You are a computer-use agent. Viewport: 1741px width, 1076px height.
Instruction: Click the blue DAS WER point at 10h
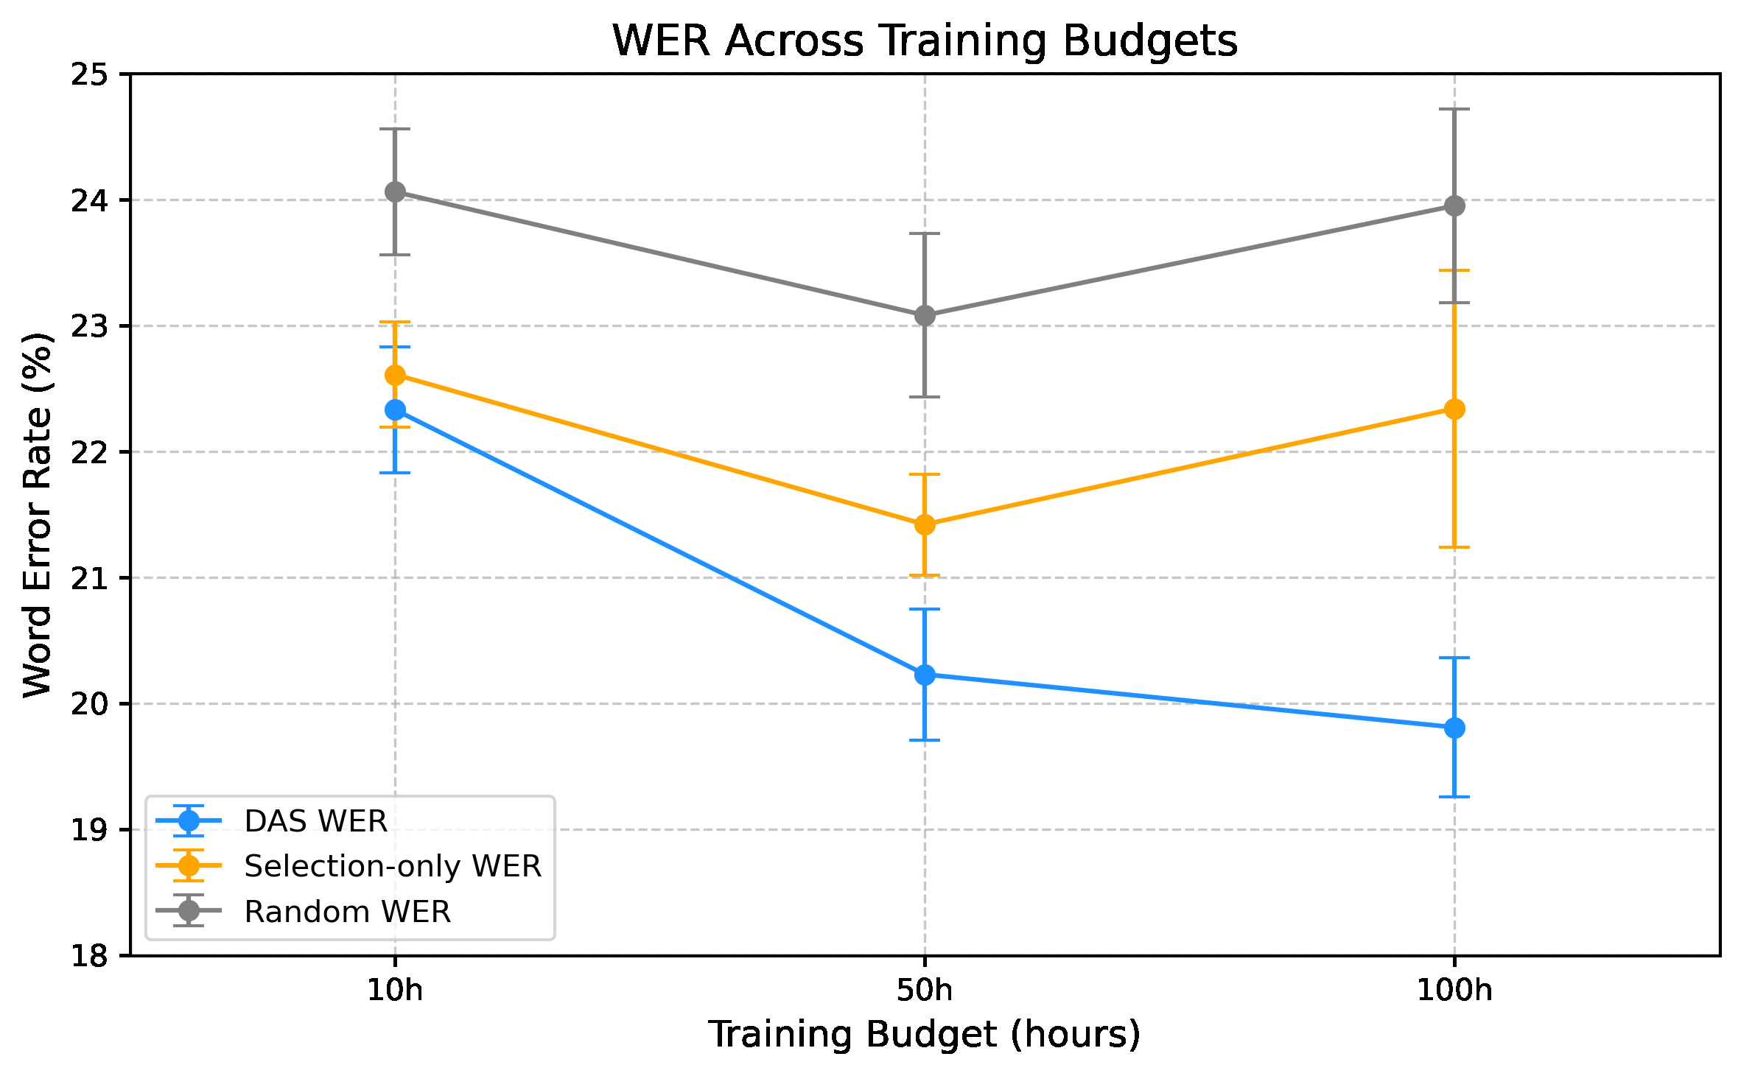coord(396,409)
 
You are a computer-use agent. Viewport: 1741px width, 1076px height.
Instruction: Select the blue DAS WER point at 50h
coord(925,675)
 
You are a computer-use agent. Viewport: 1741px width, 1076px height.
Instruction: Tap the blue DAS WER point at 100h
coord(1454,728)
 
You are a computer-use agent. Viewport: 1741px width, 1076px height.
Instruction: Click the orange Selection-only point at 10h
coord(396,376)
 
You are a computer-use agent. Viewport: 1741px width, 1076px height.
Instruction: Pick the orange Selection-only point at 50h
coord(925,524)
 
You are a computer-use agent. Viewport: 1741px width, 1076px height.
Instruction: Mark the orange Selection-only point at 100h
coord(1454,409)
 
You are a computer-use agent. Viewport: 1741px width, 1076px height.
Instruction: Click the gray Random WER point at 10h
coord(396,192)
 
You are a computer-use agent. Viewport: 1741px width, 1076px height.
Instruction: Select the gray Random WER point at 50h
coord(925,316)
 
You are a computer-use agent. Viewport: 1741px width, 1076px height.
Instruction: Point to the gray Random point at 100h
coord(1454,206)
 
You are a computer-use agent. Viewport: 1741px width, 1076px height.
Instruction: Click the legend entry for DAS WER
coord(315,821)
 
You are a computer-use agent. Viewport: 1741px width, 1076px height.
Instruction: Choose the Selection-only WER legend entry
coord(392,866)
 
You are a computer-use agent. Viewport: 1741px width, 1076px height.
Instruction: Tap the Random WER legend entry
coord(347,912)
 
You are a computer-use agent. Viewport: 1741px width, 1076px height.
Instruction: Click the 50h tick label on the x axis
coord(925,991)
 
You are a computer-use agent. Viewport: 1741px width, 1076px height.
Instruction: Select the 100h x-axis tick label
coord(1454,991)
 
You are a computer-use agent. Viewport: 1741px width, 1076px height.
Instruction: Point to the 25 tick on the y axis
coord(88,74)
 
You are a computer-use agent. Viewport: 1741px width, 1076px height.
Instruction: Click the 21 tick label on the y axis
coord(88,578)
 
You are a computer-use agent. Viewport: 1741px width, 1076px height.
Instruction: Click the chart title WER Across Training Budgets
coord(925,41)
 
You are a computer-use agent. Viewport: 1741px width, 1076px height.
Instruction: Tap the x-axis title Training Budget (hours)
coord(925,1035)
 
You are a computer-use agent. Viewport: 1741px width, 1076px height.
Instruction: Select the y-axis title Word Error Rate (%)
coord(38,515)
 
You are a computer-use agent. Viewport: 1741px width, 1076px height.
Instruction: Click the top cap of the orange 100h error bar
coord(1454,270)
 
